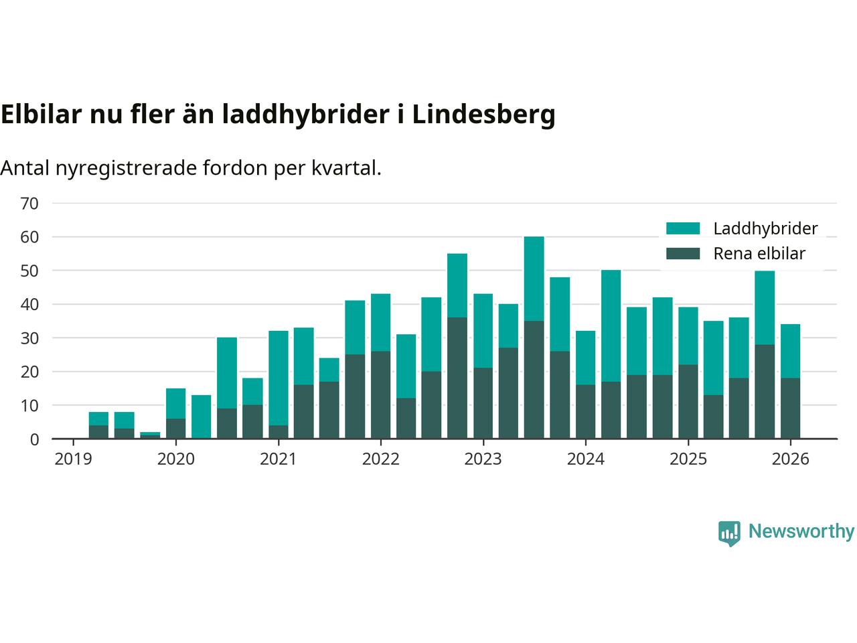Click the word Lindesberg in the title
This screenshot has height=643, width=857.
tap(483, 115)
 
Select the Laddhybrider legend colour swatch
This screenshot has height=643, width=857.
tap(683, 228)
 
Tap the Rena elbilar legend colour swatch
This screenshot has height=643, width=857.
tap(683, 254)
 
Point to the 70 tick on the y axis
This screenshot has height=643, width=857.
tap(30, 203)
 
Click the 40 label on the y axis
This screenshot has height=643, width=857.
tap(30, 304)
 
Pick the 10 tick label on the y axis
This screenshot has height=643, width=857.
tap(30, 405)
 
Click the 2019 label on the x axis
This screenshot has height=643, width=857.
tap(73, 459)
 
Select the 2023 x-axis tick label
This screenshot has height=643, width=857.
tap(483, 459)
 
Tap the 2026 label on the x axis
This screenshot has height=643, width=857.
tap(790, 459)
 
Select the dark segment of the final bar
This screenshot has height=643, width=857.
tap(790, 409)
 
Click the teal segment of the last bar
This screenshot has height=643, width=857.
tap(790, 351)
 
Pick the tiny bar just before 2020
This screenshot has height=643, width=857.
tap(150, 435)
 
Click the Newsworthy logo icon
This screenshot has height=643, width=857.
tap(729, 533)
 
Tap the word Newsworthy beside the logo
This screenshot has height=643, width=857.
tap(801, 532)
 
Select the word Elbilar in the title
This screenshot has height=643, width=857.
tap(41, 115)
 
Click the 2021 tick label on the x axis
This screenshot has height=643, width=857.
tap(278, 459)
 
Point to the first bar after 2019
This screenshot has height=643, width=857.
tap(98, 425)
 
